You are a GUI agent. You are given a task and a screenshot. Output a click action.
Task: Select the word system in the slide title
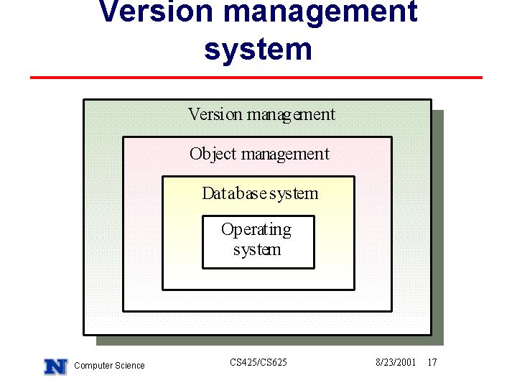click(258, 50)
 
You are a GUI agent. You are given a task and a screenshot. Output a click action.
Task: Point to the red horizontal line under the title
click(256, 78)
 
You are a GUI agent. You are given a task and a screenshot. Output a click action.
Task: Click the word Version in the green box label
click(215, 115)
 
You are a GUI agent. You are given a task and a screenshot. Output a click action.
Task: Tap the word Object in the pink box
click(213, 154)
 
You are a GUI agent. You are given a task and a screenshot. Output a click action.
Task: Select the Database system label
click(260, 194)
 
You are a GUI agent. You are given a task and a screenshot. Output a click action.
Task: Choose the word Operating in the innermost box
click(256, 230)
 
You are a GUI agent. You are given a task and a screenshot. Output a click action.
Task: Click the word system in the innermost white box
click(257, 250)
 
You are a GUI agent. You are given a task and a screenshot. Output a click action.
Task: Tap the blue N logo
click(56, 366)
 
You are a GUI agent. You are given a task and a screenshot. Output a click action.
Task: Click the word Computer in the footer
click(91, 366)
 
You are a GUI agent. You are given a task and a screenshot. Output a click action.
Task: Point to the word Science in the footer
click(127, 366)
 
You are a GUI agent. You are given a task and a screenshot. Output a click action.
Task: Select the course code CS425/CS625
click(258, 362)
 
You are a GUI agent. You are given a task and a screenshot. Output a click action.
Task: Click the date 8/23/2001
click(396, 363)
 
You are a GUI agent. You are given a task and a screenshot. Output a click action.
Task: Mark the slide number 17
click(432, 363)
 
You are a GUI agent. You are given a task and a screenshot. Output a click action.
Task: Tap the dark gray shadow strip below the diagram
click(270, 341)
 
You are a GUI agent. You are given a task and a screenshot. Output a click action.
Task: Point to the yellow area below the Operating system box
click(258, 279)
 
